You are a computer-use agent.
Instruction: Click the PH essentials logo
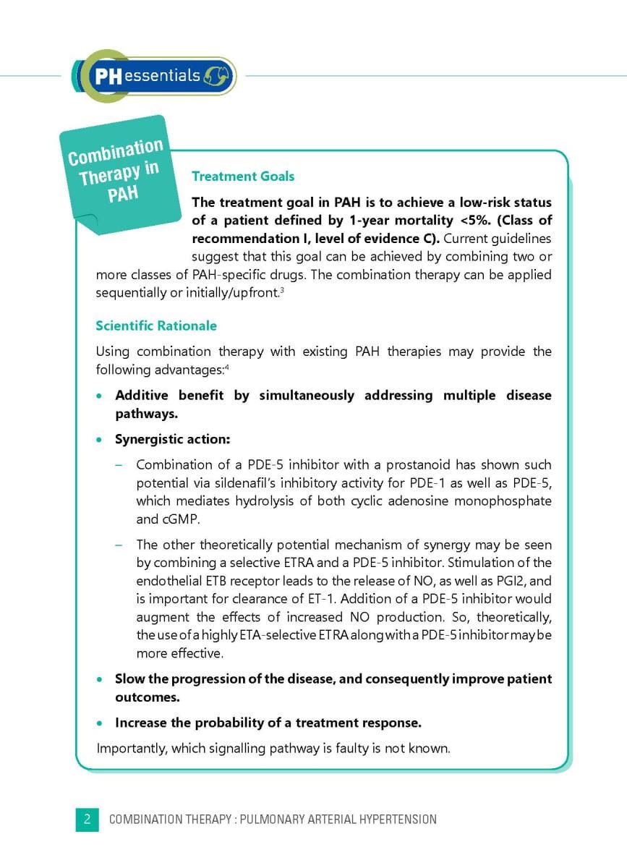pyautogui.click(x=154, y=75)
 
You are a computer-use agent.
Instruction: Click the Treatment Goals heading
pyautogui.click(x=242, y=176)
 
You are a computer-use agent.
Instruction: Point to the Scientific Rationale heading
pyautogui.click(x=156, y=326)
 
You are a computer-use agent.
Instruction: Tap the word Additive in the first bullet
pyautogui.click(x=142, y=396)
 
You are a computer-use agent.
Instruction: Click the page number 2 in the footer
pyautogui.click(x=87, y=820)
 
